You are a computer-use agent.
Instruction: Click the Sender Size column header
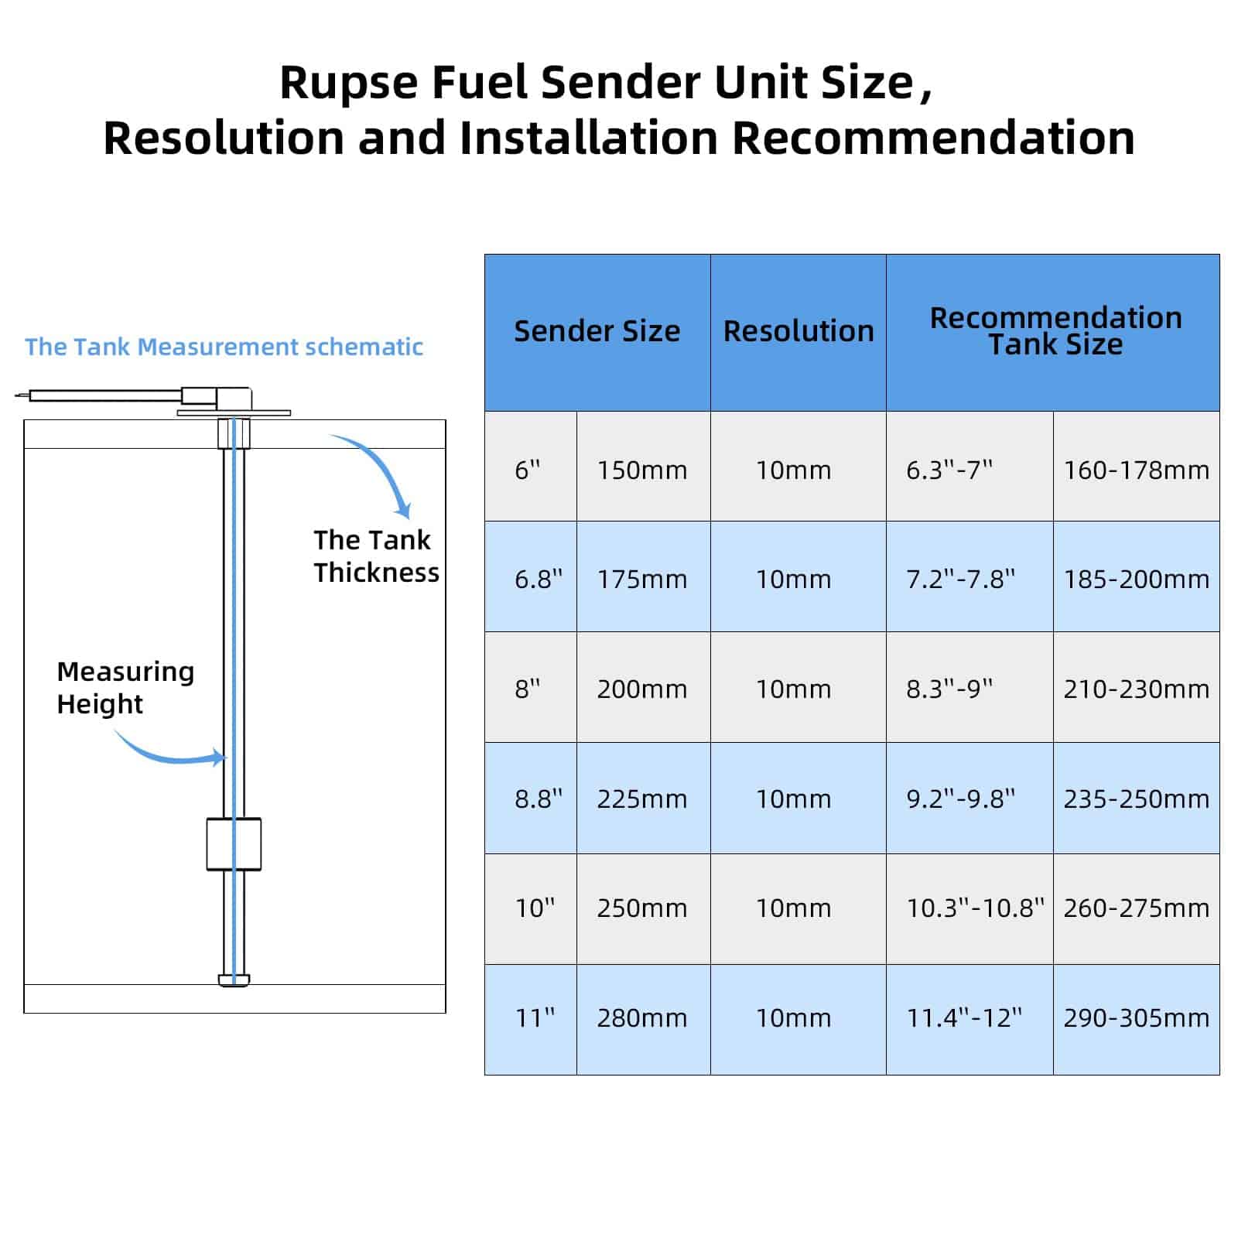point(597,331)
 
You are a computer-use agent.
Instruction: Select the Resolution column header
point(798,331)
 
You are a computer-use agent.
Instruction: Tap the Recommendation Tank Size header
point(1055,331)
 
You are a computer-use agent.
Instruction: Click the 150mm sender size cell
point(642,470)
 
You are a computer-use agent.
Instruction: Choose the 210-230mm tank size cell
point(1136,689)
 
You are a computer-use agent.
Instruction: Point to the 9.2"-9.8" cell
point(960,799)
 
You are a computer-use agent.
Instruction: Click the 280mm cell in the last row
point(642,1017)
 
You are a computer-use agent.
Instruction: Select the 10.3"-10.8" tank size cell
point(974,908)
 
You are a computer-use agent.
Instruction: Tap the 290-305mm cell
point(1136,1017)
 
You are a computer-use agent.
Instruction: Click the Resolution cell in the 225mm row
point(793,799)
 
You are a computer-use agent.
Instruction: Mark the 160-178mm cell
point(1136,470)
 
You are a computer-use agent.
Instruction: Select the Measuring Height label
point(125,687)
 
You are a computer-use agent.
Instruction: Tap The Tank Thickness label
point(375,556)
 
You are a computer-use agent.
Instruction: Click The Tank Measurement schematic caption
point(224,347)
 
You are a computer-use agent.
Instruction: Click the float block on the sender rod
point(234,844)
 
